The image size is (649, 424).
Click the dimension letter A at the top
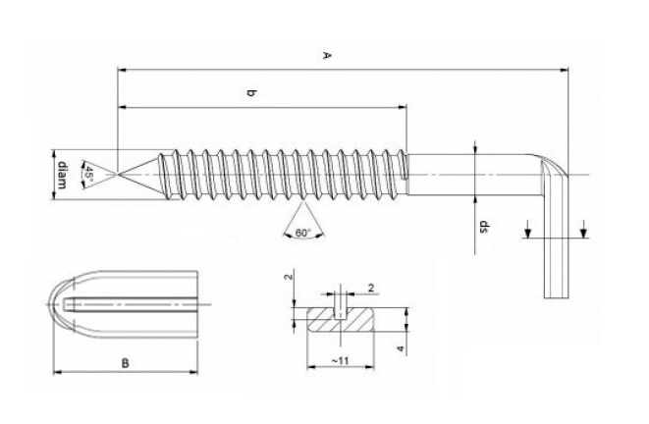326,57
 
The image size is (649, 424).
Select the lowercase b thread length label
251,93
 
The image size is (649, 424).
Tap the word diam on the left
61,175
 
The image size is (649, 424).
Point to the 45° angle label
87,175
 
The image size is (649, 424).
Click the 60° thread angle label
301,234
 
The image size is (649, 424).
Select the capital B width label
125,363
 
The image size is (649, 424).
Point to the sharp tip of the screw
120,175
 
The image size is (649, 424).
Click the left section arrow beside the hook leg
528,233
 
